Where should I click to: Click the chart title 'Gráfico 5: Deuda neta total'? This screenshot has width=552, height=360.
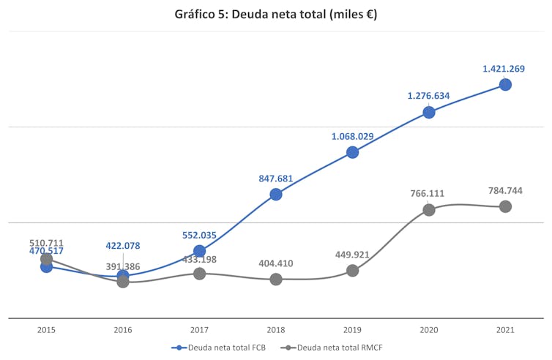[x=276, y=14]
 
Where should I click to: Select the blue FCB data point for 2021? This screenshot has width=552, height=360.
[x=505, y=84]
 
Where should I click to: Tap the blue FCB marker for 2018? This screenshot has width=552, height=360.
[x=276, y=194]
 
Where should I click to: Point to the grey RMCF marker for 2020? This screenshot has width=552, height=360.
[x=429, y=210]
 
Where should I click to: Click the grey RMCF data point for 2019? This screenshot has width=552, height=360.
[x=352, y=271]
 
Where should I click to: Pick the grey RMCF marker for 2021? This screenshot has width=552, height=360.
[x=505, y=206]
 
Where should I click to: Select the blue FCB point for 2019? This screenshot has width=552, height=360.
[x=352, y=152]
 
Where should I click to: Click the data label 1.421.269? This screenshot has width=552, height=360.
[x=504, y=69]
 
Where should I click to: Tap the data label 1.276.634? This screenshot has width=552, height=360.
[x=428, y=96]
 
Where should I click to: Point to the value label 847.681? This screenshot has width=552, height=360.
[x=275, y=178]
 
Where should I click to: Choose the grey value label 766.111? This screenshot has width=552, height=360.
[x=427, y=194]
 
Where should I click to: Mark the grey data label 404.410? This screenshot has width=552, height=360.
[x=276, y=263]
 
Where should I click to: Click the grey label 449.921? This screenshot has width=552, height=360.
[x=352, y=255]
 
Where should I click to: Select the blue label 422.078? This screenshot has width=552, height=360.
[x=122, y=246]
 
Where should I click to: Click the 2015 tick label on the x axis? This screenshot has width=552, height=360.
[x=46, y=330]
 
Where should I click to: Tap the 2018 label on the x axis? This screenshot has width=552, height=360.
[x=276, y=330]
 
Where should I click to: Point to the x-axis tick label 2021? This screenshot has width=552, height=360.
[x=505, y=330]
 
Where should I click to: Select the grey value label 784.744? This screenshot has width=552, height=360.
[x=505, y=191]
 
